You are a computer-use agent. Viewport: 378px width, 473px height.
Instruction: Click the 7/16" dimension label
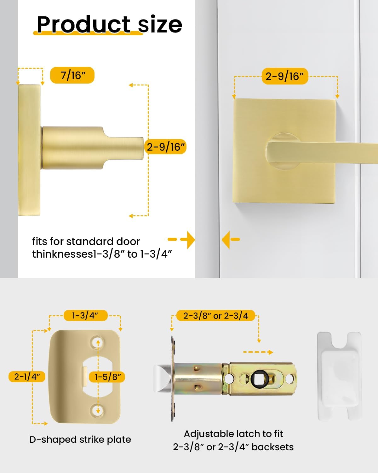click(72, 75)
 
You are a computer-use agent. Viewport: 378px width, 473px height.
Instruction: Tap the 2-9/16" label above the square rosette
click(284, 76)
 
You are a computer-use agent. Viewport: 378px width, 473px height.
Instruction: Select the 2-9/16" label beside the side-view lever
click(166, 147)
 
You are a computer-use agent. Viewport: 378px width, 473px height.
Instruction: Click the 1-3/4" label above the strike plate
click(85, 315)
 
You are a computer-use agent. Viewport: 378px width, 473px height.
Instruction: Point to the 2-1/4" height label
click(27, 377)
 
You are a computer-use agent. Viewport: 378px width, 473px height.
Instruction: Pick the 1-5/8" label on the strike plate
click(108, 377)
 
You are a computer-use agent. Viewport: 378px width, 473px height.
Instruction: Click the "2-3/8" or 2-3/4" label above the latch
click(216, 316)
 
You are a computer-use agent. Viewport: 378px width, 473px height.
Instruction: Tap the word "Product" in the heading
click(83, 24)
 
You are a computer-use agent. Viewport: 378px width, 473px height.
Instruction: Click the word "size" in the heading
click(160, 24)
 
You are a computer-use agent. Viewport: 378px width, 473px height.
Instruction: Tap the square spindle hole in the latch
click(257, 378)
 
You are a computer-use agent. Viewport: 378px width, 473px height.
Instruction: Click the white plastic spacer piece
click(339, 375)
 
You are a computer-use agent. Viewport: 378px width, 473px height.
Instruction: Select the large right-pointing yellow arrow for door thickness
click(188, 240)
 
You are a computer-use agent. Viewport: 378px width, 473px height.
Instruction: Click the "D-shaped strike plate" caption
click(80, 440)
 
